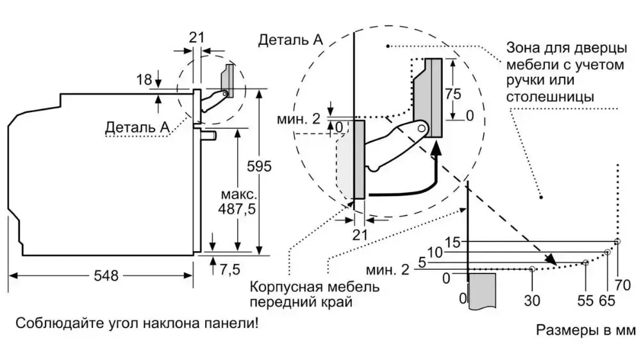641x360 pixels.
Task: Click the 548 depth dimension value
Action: (106, 275)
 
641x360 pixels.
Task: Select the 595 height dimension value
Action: (260, 167)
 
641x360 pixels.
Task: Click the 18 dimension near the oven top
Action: (144, 79)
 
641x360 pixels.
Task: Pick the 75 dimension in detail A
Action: (453, 94)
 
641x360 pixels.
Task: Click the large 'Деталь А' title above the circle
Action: (290, 40)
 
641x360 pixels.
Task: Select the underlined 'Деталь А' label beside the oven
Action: (137, 127)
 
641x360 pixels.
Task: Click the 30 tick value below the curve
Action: (533, 299)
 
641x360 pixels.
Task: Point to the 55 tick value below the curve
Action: (585, 299)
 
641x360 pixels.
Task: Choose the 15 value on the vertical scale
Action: (453, 243)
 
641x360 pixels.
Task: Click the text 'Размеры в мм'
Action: (585, 331)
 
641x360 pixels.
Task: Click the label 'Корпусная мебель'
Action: (315, 286)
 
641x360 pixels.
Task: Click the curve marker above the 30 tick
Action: (533, 270)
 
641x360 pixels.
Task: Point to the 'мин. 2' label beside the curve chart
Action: (387, 269)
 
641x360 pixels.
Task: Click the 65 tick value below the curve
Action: (606, 299)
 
